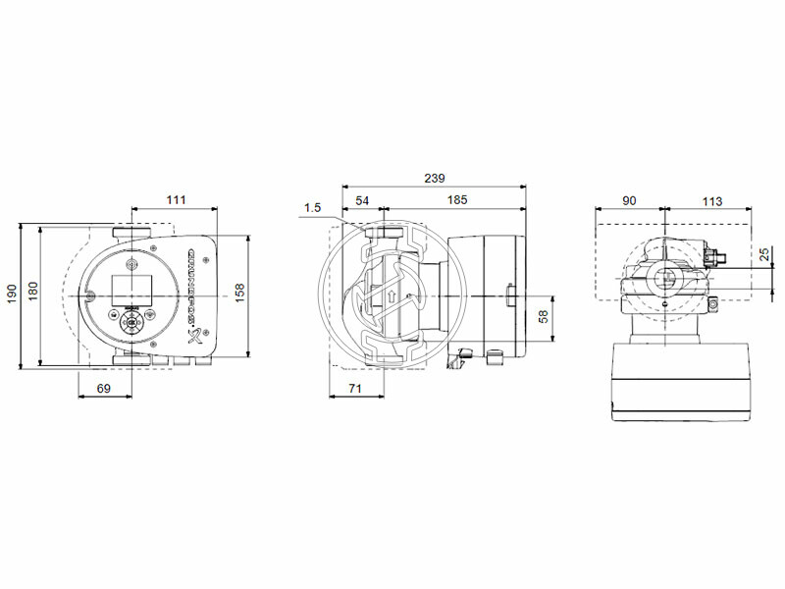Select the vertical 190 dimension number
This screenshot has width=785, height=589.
tap(13, 294)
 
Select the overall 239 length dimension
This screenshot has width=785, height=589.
tap(434, 179)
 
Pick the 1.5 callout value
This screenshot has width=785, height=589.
tap(313, 207)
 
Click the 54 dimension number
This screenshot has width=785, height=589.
tap(362, 200)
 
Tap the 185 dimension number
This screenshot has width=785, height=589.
tap(456, 200)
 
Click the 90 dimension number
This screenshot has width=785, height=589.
tap(629, 200)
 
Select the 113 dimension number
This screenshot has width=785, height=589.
tap(711, 200)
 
